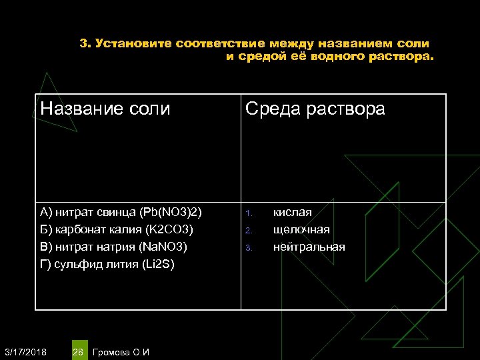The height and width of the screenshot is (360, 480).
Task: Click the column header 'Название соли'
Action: (x=105, y=109)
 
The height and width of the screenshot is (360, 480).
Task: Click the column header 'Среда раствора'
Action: (x=315, y=109)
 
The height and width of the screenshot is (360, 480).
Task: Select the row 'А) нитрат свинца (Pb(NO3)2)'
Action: (x=121, y=213)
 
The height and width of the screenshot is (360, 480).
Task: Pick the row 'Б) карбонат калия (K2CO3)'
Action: (x=117, y=230)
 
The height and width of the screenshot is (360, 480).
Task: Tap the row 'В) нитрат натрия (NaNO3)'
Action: (x=114, y=247)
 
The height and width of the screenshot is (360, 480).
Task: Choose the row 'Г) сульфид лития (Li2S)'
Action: (x=107, y=265)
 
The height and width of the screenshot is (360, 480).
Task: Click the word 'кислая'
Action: (x=292, y=213)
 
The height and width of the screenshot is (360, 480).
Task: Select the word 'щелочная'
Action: (x=301, y=230)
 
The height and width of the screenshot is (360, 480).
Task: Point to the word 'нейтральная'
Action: (x=309, y=247)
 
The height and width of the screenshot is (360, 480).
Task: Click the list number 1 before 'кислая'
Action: (x=247, y=214)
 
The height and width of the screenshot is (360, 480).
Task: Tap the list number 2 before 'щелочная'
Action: (x=247, y=231)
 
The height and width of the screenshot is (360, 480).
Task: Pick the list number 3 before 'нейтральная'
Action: (x=247, y=248)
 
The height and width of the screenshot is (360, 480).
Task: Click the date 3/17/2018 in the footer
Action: (x=25, y=351)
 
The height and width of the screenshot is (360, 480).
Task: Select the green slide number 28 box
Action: (x=78, y=351)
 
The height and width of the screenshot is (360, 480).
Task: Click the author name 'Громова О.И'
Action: (x=122, y=351)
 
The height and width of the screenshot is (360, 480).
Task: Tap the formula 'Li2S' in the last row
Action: (x=160, y=265)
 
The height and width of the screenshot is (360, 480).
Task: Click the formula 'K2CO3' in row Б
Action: (x=171, y=230)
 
